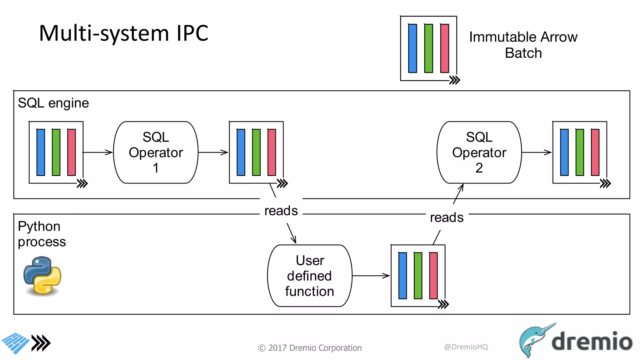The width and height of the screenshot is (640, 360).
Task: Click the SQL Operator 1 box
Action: pos(156,152)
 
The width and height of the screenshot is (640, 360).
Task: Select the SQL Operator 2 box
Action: pos(479,152)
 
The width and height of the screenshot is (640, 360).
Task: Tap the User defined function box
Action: pos(309,276)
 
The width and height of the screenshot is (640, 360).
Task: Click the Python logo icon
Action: pos(42,275)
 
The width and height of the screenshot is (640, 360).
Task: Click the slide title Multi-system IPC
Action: pos(123,33)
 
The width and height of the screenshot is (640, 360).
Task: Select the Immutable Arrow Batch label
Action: pos(523,45)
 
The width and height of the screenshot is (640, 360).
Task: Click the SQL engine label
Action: pos(53,103)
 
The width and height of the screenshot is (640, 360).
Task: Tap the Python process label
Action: pos(42,234)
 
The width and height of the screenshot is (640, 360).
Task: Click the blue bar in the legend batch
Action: pos(412,48)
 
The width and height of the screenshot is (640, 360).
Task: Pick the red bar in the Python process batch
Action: pos(433,276)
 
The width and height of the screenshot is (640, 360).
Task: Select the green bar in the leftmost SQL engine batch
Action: pos(56,152)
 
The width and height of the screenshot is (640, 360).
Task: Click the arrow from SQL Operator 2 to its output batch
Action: pos(536,152)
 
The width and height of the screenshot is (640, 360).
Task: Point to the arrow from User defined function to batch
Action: pos(371,276)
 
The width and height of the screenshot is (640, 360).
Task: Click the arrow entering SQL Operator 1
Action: pos(97,152)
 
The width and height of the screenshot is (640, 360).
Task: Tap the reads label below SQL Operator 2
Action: pos(447,217)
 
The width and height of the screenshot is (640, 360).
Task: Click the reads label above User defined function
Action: pos(281,211)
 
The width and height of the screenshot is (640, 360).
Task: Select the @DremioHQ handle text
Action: pos(466,347)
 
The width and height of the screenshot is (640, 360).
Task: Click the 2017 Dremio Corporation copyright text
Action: pos(310,348)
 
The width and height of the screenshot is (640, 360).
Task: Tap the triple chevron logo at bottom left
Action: pos(41,343)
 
